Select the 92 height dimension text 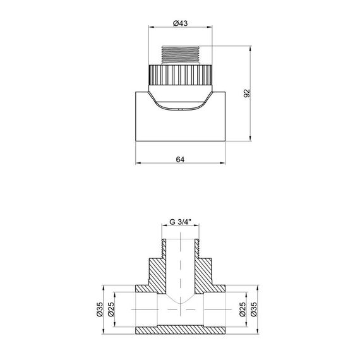pos(248,93)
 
